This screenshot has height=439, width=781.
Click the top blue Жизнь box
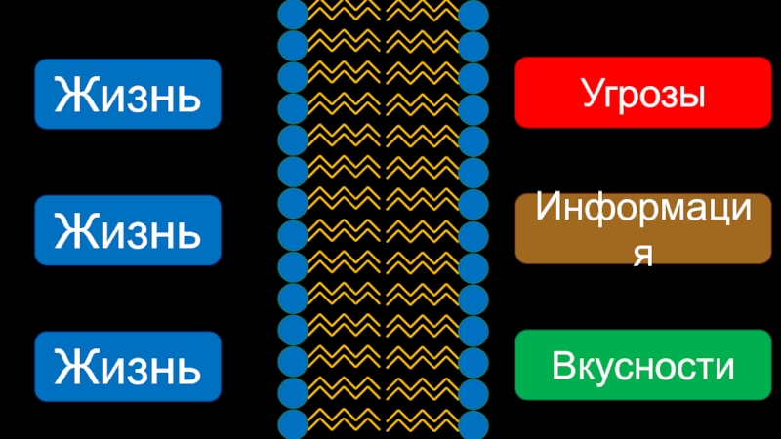[x=128, y=95]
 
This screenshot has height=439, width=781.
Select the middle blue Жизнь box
[x=128, y=230]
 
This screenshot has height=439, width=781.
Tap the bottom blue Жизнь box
[x=128, y=366]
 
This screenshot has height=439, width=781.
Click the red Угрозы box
[x=642, y=93]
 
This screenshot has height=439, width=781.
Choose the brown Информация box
[x=642, y=229]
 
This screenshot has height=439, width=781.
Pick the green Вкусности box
[x=642, y=366]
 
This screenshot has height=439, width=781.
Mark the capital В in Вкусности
[x=562, y=367]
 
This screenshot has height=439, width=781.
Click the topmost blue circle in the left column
[x=293, y=14]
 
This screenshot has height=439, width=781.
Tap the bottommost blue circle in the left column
[x=293, y=424]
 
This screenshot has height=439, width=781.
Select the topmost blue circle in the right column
[x=473, y=14]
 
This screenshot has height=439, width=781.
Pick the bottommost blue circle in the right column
[x=473, y=424]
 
